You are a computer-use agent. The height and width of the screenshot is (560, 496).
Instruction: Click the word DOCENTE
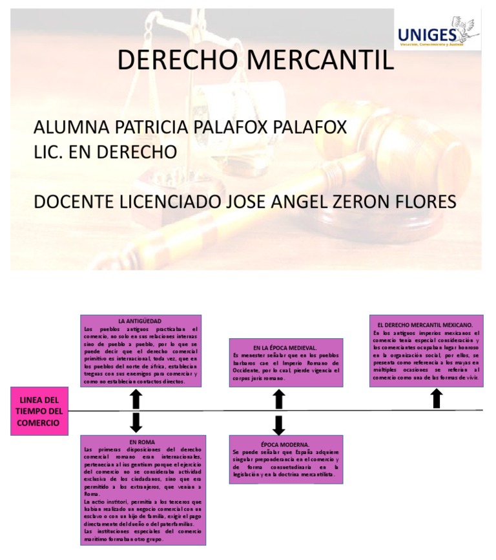pyautogui.click(x=73, y=202)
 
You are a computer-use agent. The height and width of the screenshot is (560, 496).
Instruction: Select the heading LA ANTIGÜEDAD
pyautogui.click(x=139, y=321)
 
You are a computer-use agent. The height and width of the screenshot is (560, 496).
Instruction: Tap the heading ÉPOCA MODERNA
pyautogui.click(x=285, y=444)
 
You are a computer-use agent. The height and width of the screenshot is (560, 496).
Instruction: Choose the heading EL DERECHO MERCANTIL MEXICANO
pyautogui.click(x=425, y=324)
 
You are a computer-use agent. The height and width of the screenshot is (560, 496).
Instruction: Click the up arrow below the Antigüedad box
pyautogui.click(x=136, y=398)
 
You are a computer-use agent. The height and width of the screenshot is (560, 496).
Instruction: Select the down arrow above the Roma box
pyautogui.click(x=136, y=423)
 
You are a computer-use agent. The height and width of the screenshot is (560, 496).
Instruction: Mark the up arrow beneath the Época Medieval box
pyautogui.click(x=279, y=399)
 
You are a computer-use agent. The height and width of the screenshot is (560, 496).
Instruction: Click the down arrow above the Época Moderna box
pyautogui.click(x=279, y=425)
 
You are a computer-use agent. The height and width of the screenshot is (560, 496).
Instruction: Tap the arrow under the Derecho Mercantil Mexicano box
pyautogui.click(x=437, y=398)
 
